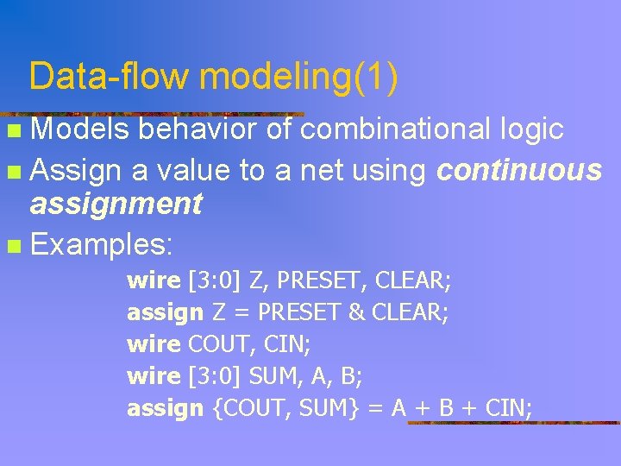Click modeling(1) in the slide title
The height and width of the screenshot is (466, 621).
[x=298, y=77]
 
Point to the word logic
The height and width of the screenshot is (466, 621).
[x=532, y=129]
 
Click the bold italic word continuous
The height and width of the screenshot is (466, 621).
[x=519, y=171]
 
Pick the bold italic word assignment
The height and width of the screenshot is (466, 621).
[x=116, y=205]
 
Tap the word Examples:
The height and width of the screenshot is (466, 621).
[x=102, y=244]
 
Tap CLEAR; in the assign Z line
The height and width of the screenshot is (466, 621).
[x=410, y=312]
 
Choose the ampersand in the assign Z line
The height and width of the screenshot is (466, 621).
[x=356, y=312]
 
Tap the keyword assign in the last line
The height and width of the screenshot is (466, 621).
[x=165, y=408]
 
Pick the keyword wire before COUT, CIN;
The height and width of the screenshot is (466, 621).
[x=154, y=344]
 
